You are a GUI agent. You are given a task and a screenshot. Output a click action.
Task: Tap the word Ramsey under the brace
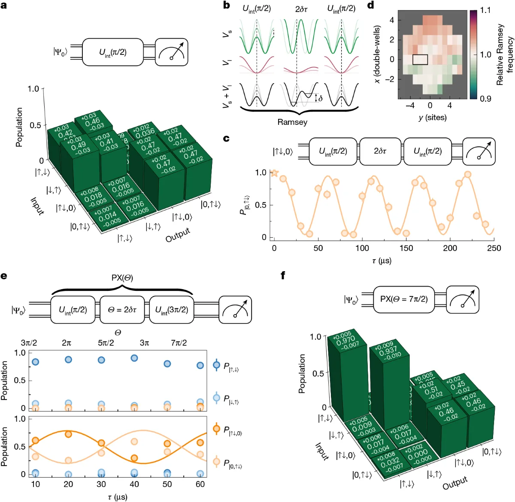click(292, 122)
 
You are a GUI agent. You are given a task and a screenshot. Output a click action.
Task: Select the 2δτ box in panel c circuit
click(380, 151)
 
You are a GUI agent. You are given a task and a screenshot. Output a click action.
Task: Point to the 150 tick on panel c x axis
click(406, 248)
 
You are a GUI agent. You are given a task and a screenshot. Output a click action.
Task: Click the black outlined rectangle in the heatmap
click(420, 60)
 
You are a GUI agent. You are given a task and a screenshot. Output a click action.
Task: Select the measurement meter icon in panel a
click(171, 52)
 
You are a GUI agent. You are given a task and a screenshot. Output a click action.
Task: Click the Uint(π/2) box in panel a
click(112, 52)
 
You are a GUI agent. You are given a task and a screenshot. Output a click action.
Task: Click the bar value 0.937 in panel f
click(387, 350)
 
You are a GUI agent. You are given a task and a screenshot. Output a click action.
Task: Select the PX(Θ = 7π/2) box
click(403, 299)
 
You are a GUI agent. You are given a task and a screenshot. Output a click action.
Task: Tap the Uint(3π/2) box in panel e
click(171, 310)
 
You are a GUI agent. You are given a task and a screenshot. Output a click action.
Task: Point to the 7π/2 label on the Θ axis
click(179, 343)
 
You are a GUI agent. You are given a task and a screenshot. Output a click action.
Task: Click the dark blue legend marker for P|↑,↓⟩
click(217, 366)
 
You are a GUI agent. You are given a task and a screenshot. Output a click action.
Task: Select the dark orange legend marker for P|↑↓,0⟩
click(217, 429)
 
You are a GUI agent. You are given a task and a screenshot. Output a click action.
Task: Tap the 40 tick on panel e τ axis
click(134, 484)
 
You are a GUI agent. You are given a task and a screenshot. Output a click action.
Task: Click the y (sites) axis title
click(432, 117)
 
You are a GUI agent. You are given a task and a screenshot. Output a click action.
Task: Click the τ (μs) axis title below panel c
click(382, 260)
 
